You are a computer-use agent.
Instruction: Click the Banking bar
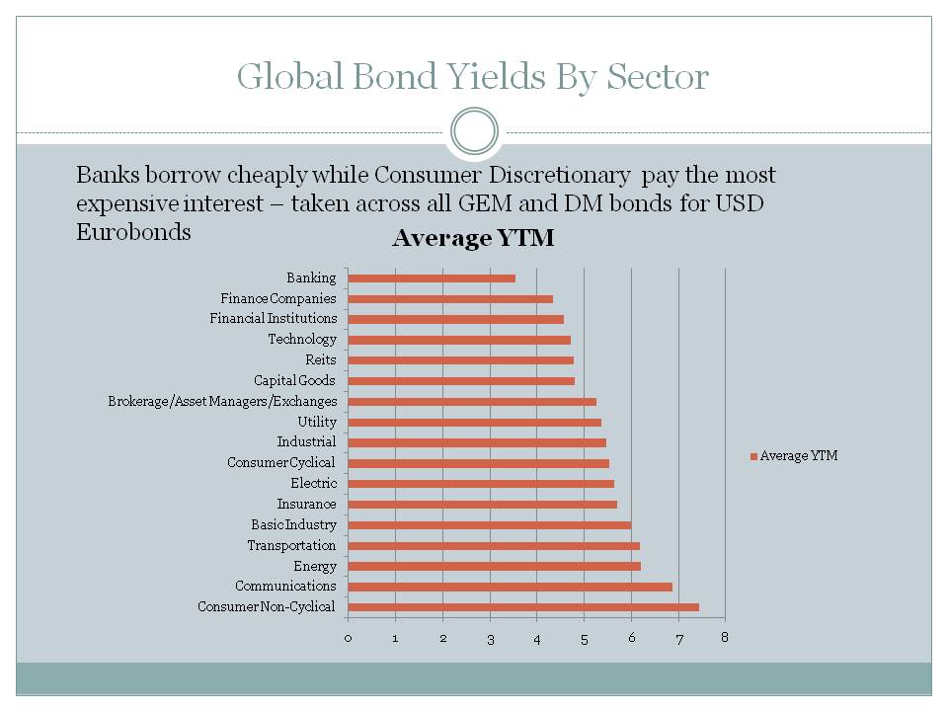tap(432, 278)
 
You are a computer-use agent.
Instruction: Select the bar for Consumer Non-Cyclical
tap(523, 607)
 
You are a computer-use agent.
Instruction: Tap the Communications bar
tap(510, 587)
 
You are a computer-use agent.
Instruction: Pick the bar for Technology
tap(459, 340)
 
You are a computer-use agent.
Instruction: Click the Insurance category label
tap(306, 505)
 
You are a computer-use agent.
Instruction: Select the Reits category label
tap(320, 360)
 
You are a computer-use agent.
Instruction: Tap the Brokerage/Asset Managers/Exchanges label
tap(222, 402)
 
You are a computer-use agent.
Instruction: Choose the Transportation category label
tap(291, 546)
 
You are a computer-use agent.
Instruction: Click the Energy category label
tap(314, 567)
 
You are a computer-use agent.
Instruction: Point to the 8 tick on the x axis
tap(725, 637)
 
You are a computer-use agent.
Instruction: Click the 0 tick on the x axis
tap(348, 638)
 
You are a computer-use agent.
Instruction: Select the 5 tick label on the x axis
tap(584, 638)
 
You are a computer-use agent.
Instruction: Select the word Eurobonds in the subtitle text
tap(133, 233)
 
